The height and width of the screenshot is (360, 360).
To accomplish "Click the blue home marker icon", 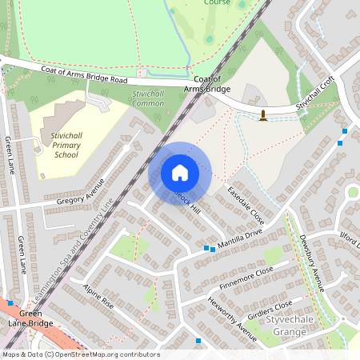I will point(180,172).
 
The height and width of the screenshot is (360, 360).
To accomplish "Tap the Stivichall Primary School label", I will point(65,145).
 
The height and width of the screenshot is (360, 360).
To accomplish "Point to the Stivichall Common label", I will point(147,98).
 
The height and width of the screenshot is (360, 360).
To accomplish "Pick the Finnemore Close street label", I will point(245,279).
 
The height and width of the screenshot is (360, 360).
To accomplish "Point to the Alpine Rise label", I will point(98,299).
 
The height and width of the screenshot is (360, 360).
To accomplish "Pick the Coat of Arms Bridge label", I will point(206,84).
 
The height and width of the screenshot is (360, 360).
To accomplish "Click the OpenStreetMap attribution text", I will point(80,354).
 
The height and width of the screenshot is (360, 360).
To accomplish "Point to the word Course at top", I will point(216,2).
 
